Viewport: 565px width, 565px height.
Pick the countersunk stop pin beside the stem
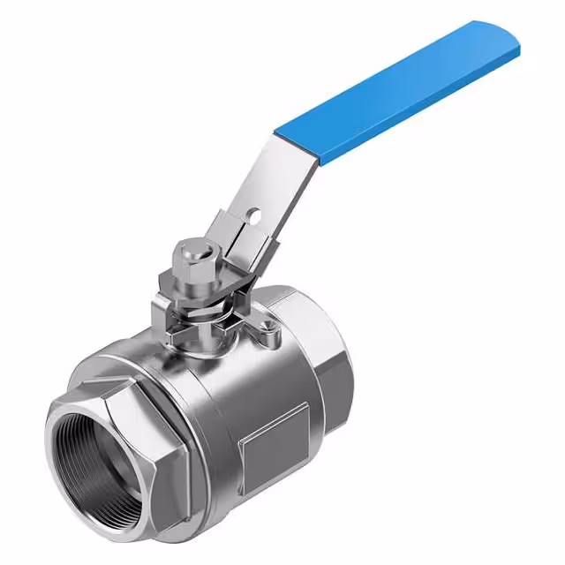tap(263, 331)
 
